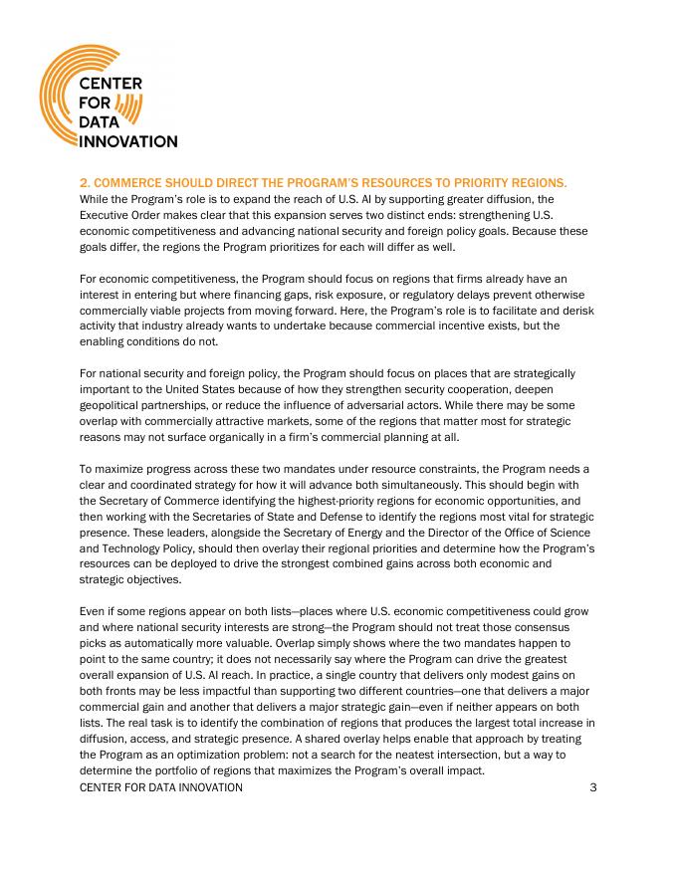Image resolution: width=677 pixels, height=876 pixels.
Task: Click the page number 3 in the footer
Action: tap(592, 787)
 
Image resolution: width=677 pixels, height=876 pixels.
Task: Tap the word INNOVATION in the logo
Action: tap(128, 141)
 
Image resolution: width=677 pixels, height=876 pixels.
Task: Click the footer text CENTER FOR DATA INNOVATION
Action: tap(160, 787)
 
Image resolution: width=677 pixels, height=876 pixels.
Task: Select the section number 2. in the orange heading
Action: tap(85, 183)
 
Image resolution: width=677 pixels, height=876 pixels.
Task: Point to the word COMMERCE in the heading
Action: tap(128, 183)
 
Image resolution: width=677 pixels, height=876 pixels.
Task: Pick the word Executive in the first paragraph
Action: tap(107, 215)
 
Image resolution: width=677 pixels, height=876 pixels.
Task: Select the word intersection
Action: tap(428, 755)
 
